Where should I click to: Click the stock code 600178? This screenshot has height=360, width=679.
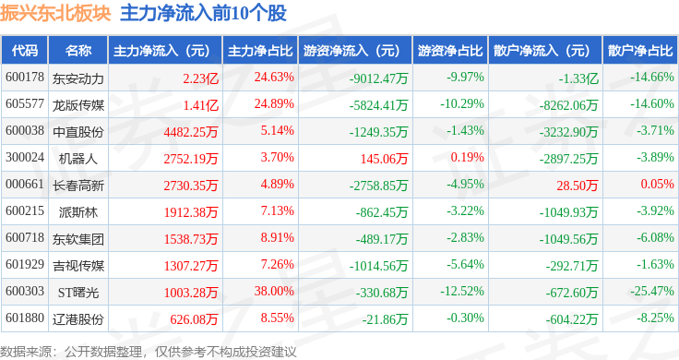25,77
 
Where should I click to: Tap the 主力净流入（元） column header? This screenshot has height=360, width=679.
161,50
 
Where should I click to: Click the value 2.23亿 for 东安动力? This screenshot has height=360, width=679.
201,77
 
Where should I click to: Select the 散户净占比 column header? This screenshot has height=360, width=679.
640,50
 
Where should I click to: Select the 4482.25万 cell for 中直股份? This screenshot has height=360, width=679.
188,131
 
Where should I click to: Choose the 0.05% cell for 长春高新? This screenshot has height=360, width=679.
658,185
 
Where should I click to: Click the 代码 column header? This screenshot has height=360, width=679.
25,50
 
